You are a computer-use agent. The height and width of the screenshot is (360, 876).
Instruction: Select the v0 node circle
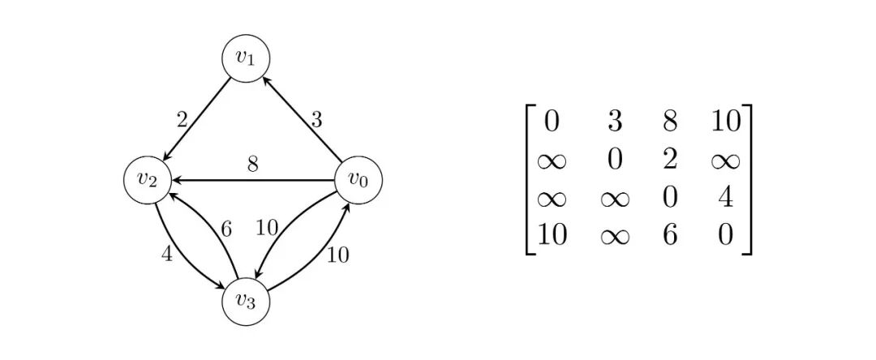point(357,180)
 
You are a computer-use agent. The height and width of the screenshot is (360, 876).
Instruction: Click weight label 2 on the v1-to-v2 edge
point(182,120)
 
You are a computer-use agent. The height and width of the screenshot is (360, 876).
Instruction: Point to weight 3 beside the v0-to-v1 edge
point(316,120)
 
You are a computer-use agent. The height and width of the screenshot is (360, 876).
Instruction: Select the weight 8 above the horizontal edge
point(253,164)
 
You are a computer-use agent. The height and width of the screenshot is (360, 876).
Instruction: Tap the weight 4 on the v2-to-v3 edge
point(167,254)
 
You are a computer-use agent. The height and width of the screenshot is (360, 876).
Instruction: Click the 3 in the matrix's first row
point(615,122)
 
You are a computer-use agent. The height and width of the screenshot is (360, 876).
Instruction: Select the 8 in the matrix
point(669,122)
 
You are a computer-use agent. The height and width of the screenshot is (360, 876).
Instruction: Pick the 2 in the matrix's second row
point(669,159)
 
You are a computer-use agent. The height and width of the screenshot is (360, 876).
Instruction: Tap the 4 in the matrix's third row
point(725,197)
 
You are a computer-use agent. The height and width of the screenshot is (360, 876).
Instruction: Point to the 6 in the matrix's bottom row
point(669,235)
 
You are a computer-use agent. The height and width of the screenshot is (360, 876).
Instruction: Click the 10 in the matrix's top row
point(725,122)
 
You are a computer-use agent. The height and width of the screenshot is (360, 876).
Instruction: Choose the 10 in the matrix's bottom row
point(552,235)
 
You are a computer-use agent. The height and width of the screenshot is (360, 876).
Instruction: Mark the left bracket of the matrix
point(530,178)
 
